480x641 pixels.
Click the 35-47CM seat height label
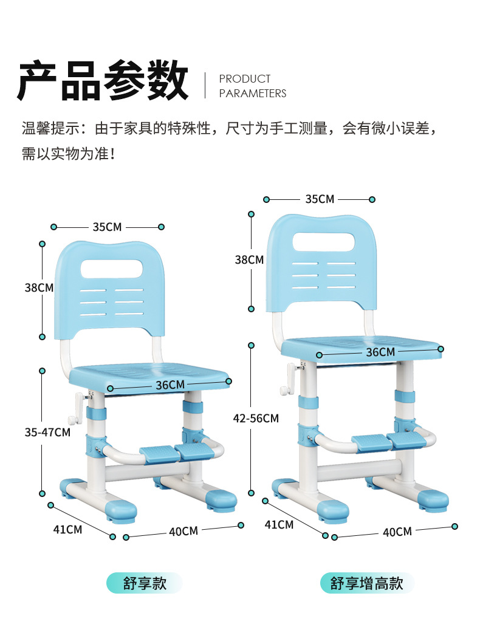click(x=47, y=432)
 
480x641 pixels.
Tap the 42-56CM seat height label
click(x=256, y=418)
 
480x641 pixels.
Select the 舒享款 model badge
click(x=145, y=583)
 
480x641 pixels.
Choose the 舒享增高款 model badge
click(x=367, y=583)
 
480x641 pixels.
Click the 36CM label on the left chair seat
click(x=170, y=385)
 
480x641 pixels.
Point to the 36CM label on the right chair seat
click(x=380, y=352)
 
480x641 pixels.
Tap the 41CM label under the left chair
click(x=67, y=529)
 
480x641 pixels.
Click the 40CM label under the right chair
click(x=397, y=532)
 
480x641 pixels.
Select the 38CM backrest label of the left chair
click(x=39, y=288)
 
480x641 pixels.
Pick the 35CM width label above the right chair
click(x=320, y=199)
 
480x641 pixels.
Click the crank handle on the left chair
click(x=78, y=408)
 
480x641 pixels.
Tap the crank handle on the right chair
click(x=289, y=379)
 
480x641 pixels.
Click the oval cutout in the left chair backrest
click(x=112, y=269)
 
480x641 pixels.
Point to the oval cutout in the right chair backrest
click(x=324, y=242)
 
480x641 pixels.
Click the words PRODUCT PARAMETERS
click(x=253, y=86)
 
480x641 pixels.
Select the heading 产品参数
click(x=103, y=80)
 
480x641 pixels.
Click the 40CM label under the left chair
click(x=183, y=531)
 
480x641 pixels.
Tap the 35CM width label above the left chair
click(x=107, y=227)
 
